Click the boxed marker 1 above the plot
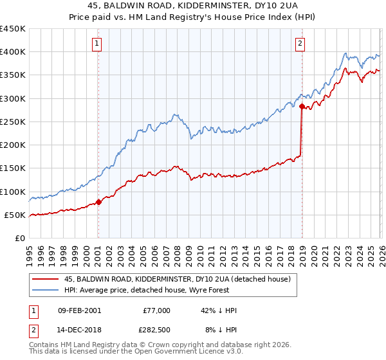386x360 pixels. coord(96,44)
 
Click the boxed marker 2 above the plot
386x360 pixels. coord(300,44)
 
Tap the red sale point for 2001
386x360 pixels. coord(98,202)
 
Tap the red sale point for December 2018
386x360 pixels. coord(302,107)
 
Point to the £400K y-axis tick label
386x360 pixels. coord(13,52)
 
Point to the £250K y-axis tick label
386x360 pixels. coord(13,122)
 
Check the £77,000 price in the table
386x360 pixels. coord(156,310)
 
